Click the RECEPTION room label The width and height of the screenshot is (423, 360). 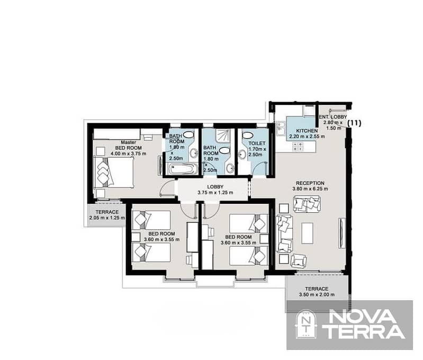tap(310, 183)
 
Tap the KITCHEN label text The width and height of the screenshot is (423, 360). tap(307, 131)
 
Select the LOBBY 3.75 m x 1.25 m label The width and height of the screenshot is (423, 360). tap(215, 190)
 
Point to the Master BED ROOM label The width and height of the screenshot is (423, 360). tap(129, 148)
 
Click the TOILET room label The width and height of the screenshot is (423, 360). tap(257, 143)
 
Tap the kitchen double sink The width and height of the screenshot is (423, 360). tap(280, 129)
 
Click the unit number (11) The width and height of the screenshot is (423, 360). tap(354, 123)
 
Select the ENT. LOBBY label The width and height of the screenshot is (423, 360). tap(333, 117)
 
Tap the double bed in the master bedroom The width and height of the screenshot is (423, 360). tap(114, 172)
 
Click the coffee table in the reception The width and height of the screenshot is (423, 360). tap(307, 232)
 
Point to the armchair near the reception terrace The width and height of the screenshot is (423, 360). tap(298, 260)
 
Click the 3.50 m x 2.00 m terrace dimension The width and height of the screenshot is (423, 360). tap(317, 295)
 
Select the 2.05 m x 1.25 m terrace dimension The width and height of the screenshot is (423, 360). tap(107, 218)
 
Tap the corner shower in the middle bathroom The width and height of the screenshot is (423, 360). tap(223, 136)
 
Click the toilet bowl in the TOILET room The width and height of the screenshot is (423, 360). tap(247, 135)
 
